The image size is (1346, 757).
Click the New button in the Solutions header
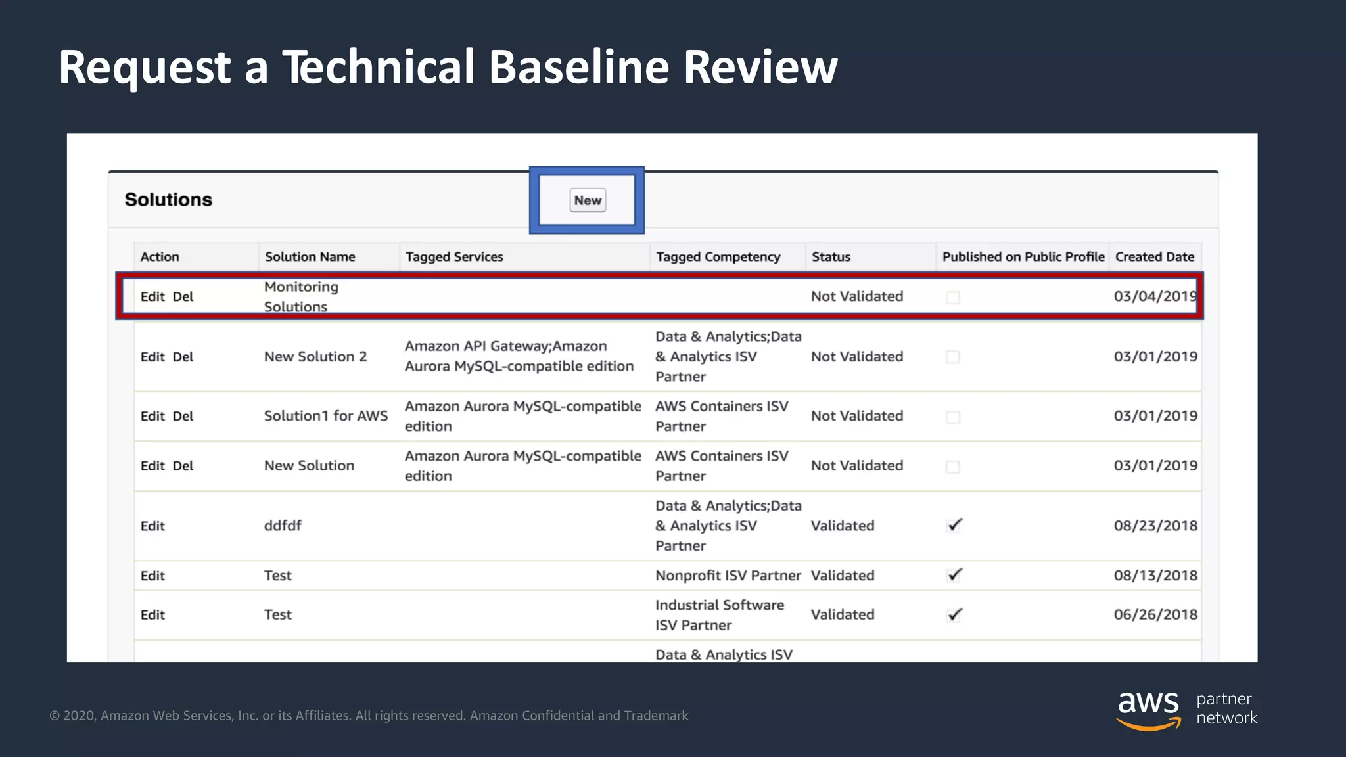(x=587, y=200)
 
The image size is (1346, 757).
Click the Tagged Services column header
(x=454, y=257)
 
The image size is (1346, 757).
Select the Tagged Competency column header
(x=718, y=257)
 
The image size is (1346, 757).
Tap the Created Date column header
(x=1154, y=257)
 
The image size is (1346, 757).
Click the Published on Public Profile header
(x=1023, y=257)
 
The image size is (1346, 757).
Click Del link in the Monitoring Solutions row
(x=183, y=297)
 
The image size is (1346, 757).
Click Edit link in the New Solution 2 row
(x=152, y=357)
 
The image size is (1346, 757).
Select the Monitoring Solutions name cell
(x=301, y=296)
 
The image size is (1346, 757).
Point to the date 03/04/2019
(x=1155, y=296)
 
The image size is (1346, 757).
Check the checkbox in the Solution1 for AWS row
(x=952, y=417)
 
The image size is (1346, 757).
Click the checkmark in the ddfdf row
(x=954, y=525)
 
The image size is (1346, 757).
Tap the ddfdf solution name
(x=283, y=526)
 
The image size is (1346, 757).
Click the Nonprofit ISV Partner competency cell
(x=728, y=576)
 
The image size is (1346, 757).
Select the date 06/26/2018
(x=1155, y=615)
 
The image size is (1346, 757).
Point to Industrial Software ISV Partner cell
(x=719, y=615)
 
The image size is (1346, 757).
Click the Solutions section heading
(x=168, y=200)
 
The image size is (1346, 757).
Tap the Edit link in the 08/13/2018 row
(x=152, y=576)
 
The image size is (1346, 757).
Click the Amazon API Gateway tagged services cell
(x=519, y=356)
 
